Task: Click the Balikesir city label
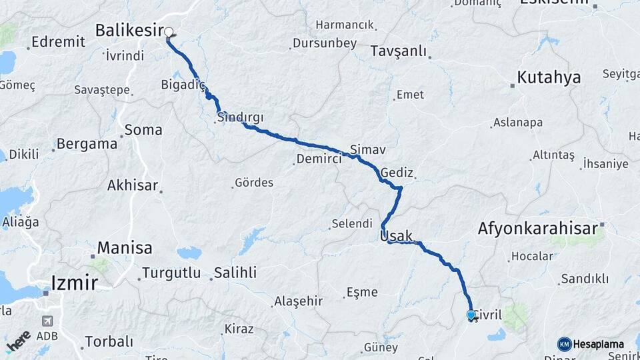coord(129,30)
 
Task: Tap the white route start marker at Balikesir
coord(169,31)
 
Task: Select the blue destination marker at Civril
coord(471,315)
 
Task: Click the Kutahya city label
coord(549,77)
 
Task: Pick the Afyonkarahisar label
coord(537,229)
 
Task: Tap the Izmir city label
coord(75,283)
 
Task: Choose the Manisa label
coord(125,248)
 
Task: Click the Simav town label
coord(368,149)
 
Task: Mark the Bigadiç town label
coord(181,85)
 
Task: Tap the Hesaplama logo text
coord(598,344)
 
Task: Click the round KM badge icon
coord(565,344)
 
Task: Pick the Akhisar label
coord(133,185)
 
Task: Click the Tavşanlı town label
coord(398,51)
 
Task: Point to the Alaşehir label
coord(298,301)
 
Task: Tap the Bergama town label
coord(87,143)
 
